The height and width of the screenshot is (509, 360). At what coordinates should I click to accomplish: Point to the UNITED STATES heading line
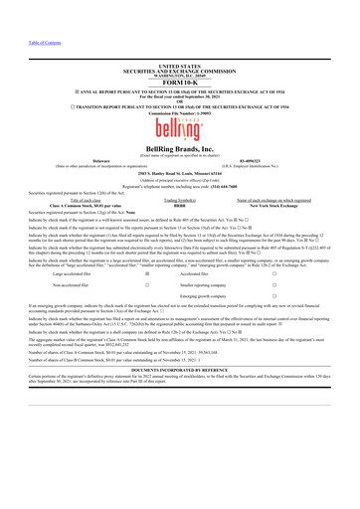pyautogui.click(x=179, y=36)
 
